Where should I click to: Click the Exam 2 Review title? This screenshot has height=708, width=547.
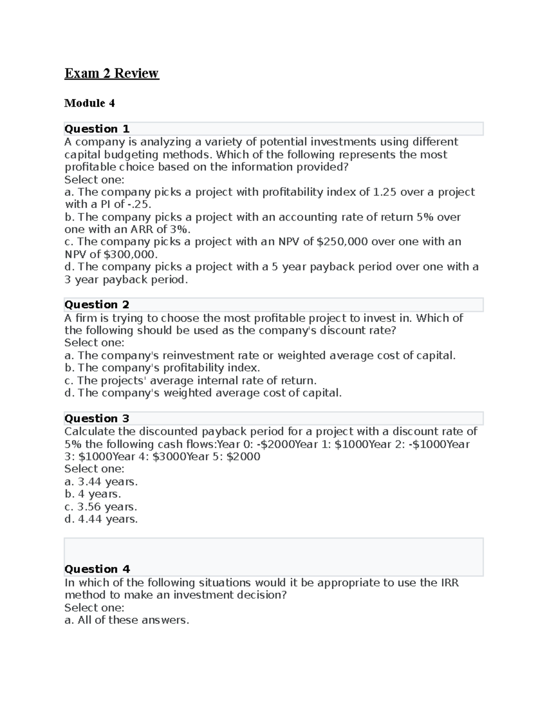(112, 73)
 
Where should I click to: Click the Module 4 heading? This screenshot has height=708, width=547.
(89, 103)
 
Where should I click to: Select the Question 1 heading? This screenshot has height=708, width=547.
(97, 129)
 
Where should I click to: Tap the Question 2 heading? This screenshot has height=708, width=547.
(97, 305)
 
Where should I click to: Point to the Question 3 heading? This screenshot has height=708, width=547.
(97, 419)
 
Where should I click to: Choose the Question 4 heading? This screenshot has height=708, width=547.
(97, 569)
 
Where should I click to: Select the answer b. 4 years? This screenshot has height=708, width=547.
(93, 494)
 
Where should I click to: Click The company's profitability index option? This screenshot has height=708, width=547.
(162, 368)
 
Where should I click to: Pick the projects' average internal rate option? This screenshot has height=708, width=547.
(191, 381)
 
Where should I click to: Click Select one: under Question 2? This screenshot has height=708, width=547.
(94, 343)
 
